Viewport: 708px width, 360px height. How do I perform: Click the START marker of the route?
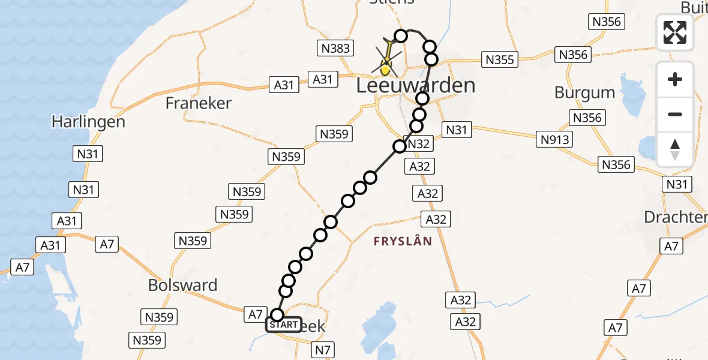click(283, 325)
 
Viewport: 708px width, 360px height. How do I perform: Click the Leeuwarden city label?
click(415, 85)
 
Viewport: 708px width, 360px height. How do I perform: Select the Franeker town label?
click(199, 103)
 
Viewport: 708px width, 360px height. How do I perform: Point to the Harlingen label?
click(88, 122)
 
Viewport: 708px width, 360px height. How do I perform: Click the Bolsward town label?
click(183, 285)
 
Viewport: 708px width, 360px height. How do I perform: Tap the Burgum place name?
click(584, 93)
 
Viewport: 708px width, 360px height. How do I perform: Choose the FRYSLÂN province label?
click(403, 241)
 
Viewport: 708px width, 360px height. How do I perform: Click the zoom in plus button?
click(675, 80)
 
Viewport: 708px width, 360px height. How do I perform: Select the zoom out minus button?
click(675, 114)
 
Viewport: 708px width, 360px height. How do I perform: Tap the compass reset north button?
click(675, 149)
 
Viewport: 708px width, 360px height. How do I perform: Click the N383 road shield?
click(336, 49)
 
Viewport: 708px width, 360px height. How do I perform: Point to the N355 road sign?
click(499, 60)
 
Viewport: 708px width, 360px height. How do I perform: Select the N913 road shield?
click(555, 140)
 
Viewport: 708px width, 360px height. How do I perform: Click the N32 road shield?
click(419, 144)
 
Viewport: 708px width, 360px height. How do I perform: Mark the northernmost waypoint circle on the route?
click(400, 36)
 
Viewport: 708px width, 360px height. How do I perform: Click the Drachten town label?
click(675, 217)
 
